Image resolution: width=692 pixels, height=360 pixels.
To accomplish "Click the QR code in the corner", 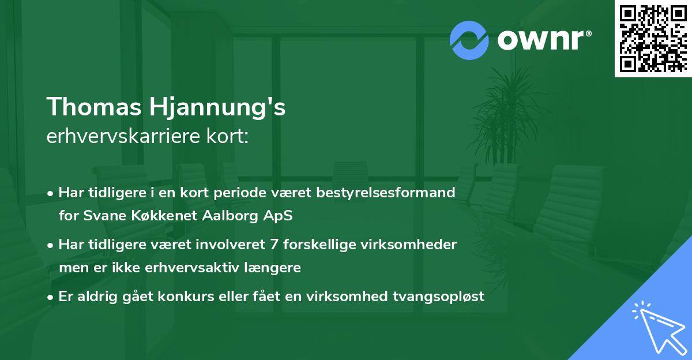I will [653, 39].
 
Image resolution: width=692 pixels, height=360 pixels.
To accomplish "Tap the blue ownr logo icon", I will [469, 40].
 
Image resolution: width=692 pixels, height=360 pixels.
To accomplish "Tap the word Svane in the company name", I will [98, 216].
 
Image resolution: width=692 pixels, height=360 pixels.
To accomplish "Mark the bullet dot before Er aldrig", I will [51, 297].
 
